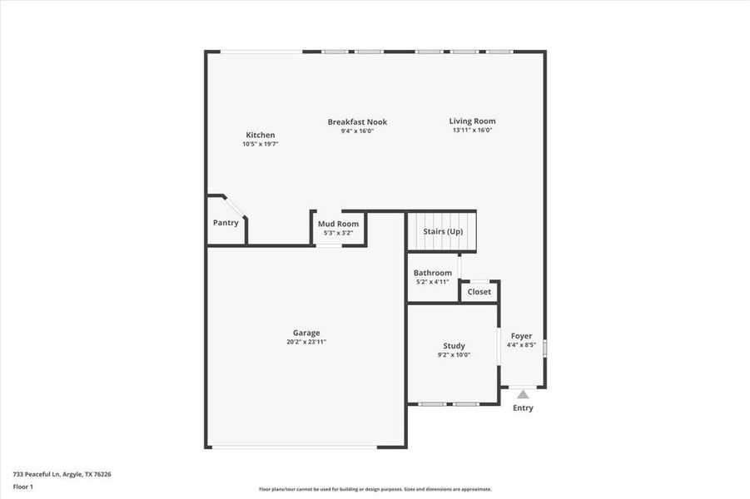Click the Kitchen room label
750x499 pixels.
point(260,135)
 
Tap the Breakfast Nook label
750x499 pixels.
point(357,121)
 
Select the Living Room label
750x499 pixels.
point(472,121)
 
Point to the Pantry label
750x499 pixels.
point(226,222)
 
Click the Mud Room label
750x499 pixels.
point(338,224)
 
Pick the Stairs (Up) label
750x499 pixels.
point(443,231)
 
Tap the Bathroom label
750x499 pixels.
point(433,273)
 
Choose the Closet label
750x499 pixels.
point(479,292)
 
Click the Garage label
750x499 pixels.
point(306,333)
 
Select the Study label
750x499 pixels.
point(454,346)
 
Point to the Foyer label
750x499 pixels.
point(522,336)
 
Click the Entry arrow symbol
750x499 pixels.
point(522,394)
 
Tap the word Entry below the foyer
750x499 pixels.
point(523,408)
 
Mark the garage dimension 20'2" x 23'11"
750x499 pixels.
point(306,342)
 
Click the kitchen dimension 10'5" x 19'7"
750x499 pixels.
point(260,144)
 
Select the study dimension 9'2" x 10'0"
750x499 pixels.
point(454,355)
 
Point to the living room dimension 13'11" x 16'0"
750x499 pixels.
point(472,130)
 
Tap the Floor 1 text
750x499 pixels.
point(22,486)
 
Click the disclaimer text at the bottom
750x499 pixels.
point(375,489)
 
